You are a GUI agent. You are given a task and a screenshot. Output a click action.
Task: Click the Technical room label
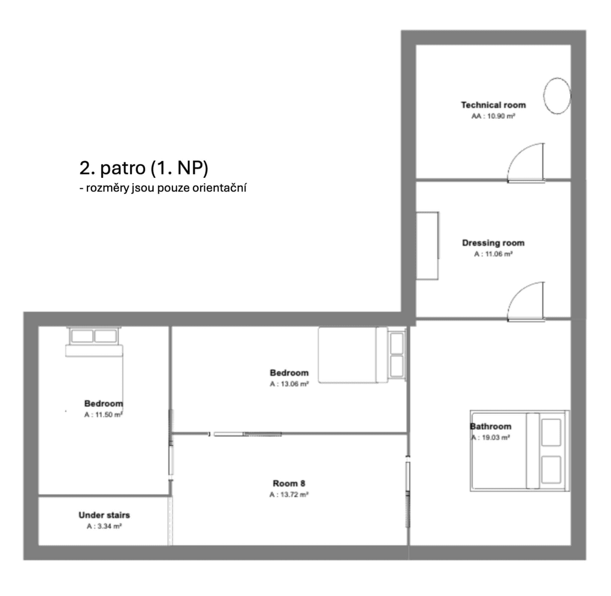(x=493, y=105)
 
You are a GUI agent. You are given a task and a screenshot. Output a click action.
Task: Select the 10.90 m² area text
(x=493, y=116)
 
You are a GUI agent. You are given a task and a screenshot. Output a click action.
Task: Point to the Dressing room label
(x=493, y=243)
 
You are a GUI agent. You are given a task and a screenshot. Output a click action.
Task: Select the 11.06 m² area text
(x=493, y=254)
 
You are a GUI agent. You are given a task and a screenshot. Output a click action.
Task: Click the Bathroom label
(x=491, y=426)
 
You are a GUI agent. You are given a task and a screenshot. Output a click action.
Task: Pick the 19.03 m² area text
(x=491, y=438)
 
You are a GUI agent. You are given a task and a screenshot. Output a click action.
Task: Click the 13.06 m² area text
(x=289, y=384)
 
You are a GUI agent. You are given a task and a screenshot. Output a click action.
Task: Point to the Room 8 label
(x=289, y=483)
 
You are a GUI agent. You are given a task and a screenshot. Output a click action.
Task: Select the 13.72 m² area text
(x=289, y=495)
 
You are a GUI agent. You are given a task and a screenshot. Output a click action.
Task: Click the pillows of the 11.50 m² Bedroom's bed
(x=93, y=337)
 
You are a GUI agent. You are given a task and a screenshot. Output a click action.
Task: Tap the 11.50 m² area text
(x=103, y=415)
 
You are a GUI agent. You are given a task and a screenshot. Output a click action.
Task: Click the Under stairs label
(x=104, y=515)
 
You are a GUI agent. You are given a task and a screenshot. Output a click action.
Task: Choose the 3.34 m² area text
(x=104, y=526)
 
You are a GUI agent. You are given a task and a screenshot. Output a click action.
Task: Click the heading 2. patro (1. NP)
(x=144, y=168)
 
